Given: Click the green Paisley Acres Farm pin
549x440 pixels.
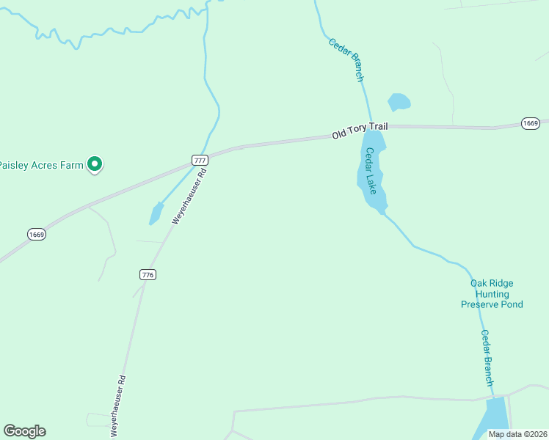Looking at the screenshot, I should (x=94, y=164).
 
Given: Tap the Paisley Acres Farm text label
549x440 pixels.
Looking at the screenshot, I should (x=41, y=165).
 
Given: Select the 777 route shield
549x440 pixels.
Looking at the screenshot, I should (x=200, y=160).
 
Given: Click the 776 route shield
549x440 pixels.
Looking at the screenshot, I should (x=148, y=274).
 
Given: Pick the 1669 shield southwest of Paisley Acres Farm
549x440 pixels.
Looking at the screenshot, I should (x=37, y=234).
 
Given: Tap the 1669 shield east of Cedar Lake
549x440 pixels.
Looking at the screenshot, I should (x=531, y=123).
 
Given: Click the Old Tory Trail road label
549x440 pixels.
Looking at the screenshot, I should (x=360, y=131).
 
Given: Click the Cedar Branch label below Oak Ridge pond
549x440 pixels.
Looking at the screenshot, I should (x=487, y=358).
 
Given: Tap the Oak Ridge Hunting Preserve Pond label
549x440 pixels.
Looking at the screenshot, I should (x=492, y=293).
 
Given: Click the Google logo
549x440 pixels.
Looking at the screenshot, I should (x=24, y=431).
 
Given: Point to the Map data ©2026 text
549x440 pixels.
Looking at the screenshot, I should (x=517, y=434).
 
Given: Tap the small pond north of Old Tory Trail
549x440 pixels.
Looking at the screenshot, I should (x=399, y=101).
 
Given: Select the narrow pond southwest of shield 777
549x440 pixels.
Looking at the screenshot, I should (x=156, y=213).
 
